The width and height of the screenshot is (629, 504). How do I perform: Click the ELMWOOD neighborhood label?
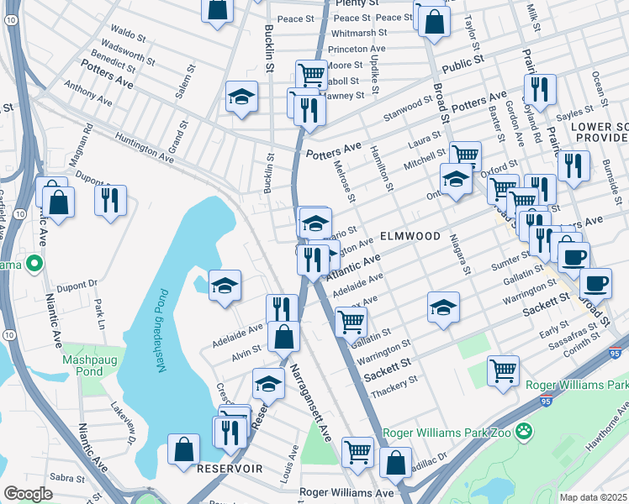(410, 237)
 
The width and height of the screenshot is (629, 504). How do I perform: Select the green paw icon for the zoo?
(525, 431)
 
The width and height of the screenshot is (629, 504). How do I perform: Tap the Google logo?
(28, 493)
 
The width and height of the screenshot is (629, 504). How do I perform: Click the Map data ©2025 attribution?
(592, 497)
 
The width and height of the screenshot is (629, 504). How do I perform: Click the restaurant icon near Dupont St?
(110, 199)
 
